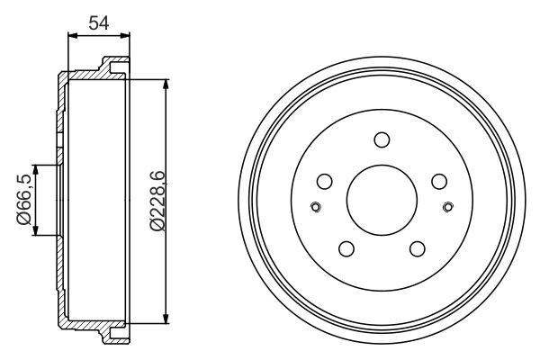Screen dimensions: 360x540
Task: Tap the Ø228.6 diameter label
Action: tap(157, 200)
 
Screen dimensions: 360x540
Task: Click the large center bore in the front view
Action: tap(381, 199)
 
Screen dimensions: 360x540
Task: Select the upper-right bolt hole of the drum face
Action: tap(438, 181)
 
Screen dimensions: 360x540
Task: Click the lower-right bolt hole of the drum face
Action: tap(417, 249)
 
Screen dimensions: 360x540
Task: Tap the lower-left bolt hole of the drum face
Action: tap(346, 249)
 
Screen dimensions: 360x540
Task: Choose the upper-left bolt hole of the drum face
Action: tap(324, 181)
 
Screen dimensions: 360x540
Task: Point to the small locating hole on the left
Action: tap(314, 209)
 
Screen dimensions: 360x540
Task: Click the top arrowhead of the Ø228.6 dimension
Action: tap(166, 84)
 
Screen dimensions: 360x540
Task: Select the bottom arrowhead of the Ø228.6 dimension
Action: tap(166, 318)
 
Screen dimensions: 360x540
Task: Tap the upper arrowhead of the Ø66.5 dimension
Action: tap(36, 169)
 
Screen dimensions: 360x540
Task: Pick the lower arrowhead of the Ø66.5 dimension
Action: tap(36, 230)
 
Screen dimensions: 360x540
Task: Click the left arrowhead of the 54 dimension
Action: tap(73, 37)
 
